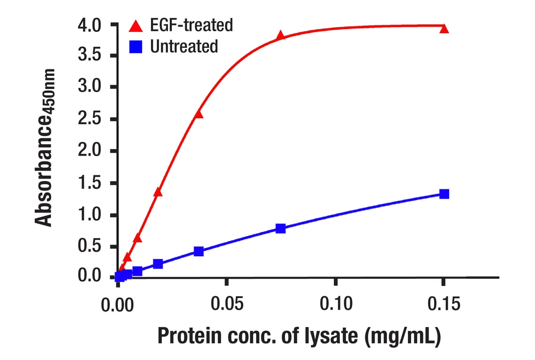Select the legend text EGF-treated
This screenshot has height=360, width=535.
[x=191, y=25]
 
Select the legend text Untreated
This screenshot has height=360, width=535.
[x=184, y=46]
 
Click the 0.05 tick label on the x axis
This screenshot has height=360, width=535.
[x=226, y=305]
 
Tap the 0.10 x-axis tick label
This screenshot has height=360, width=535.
[x=336, y=305]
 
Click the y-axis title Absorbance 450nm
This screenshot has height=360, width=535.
[x=45, y=148]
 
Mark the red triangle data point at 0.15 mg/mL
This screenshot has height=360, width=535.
[x=445, y=29]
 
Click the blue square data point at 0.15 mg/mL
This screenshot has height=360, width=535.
[x=445, y=194]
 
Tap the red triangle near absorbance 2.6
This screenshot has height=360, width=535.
[x=199, y=114]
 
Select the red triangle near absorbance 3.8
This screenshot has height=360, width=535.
[x=280, y=36]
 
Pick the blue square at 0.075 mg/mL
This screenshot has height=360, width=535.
[x=280, y=228]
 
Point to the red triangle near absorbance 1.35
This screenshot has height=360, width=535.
[x=158, y=192]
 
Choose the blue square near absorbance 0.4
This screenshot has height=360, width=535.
[x=199, y=251]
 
